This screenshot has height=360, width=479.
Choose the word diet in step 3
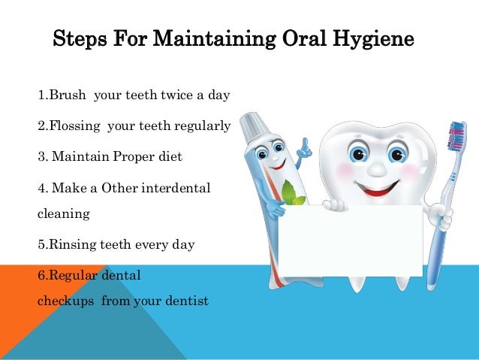169,158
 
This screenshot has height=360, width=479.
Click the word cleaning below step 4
63,213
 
